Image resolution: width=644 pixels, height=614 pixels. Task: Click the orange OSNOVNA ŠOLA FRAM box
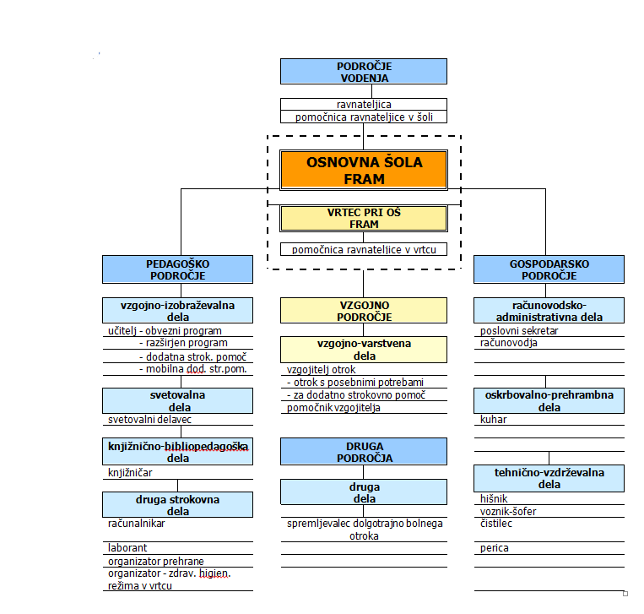[x=364, y=170]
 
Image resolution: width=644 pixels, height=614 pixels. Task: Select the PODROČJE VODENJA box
[x=364, y=72]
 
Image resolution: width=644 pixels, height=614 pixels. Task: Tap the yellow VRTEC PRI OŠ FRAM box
[x=364, y=219]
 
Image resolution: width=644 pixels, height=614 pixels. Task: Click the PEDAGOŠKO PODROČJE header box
[x=177, y=269]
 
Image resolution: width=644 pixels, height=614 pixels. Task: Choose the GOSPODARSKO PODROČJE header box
[x=549, y=269]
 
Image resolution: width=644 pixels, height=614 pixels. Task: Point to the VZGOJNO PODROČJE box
[x=364, y=311]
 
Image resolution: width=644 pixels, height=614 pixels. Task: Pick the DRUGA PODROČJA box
[x=364, y=452]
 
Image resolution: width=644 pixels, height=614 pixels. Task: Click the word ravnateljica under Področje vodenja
[x=364, y=105]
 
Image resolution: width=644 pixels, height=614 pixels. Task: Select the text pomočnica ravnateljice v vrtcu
[x=364, y=249]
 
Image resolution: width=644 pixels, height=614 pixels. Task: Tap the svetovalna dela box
[x=177, y=400]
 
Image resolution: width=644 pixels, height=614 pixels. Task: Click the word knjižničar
[x=130, y=473]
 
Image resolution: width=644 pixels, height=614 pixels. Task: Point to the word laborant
[x=127, y=548]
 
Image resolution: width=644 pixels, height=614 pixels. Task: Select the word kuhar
[x=493, y=420]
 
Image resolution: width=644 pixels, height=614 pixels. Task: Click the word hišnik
[x=494, y=499]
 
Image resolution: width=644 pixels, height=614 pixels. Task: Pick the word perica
[x=494, y=548]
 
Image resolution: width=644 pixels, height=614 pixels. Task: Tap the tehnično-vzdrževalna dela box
[x=549, y=478]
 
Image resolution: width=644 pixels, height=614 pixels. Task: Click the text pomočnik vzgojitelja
[x=333, y=408]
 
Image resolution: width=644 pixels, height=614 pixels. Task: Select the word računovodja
[x=508, y=343]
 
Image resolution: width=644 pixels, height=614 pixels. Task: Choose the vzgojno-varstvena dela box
[x=364, y=350]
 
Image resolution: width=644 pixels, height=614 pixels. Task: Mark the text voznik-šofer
[x=508, y=511]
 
